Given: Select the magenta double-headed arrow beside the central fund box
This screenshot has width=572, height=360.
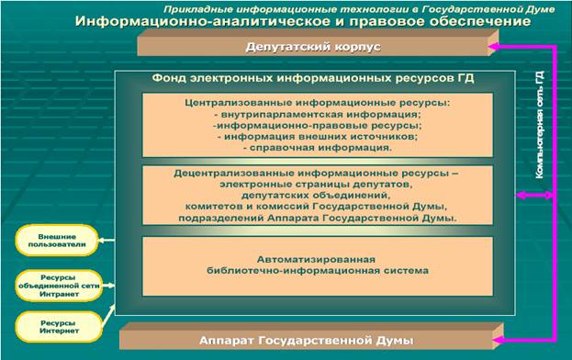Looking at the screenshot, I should tap(531, 195).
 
